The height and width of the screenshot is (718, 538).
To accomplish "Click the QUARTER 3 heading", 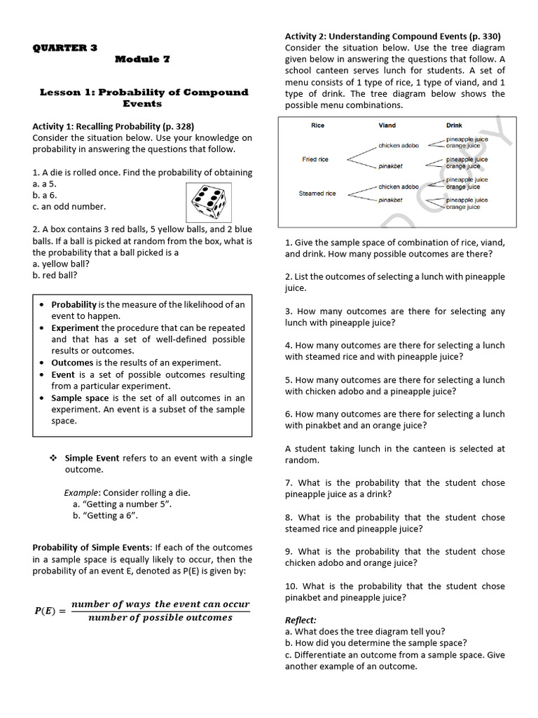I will [65, 48].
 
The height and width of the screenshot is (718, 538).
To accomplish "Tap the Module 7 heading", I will [142, 60].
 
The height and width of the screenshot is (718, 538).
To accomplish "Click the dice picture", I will [208, 201].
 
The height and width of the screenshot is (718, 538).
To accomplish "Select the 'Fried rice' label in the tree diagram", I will [315, 159].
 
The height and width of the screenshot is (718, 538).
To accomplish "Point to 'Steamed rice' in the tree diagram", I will [317, 194].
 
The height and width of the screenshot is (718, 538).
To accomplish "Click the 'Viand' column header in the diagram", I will [387, 126].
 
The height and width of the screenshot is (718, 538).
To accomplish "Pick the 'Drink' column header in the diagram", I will [454, 126].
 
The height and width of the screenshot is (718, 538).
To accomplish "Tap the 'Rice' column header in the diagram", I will [317, 126].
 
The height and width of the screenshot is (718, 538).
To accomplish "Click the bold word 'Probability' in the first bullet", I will [74, 304].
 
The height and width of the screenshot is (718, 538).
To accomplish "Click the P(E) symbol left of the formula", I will [50, 611].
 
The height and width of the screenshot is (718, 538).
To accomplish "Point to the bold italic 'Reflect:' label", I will [301, 620].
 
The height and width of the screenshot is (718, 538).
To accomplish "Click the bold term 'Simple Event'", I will [92, 458].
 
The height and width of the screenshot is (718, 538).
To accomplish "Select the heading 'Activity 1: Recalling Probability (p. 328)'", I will [113, 126].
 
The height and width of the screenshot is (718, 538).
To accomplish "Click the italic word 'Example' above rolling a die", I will [80, 492].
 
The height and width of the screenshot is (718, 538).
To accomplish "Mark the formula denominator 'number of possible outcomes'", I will [160, 618].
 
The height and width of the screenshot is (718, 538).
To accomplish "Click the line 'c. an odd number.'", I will [69, 206].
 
